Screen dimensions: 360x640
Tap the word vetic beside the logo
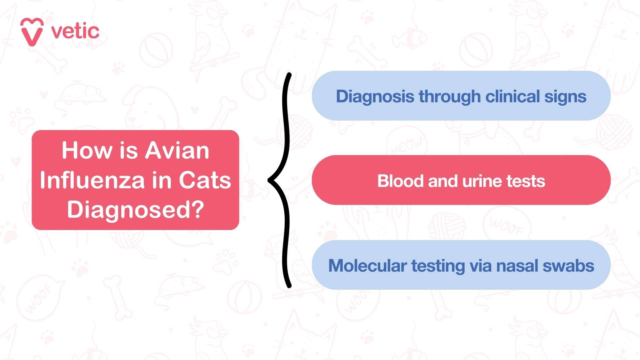click(75, 31)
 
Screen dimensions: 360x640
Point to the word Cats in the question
click(205, 180)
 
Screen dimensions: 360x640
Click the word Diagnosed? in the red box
click(135, 210)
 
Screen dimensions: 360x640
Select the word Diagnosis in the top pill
click(375, 97)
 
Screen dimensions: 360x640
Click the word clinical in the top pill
click(512, 97)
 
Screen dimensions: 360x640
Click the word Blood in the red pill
click(400, 181)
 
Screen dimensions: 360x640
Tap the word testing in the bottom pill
click(438, 266)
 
